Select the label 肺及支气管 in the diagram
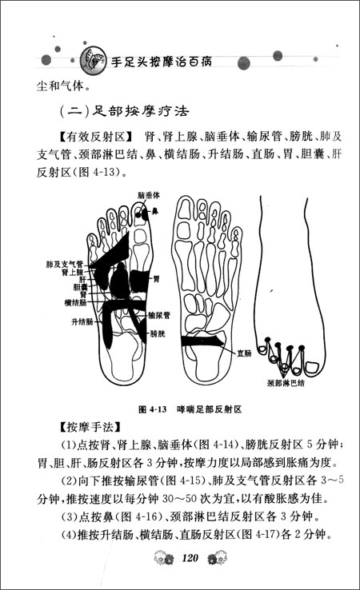tap(66, 263)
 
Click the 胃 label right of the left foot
tap(156, 279)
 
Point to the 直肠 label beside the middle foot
tap(244, 351)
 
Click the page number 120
tap(190, 557)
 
